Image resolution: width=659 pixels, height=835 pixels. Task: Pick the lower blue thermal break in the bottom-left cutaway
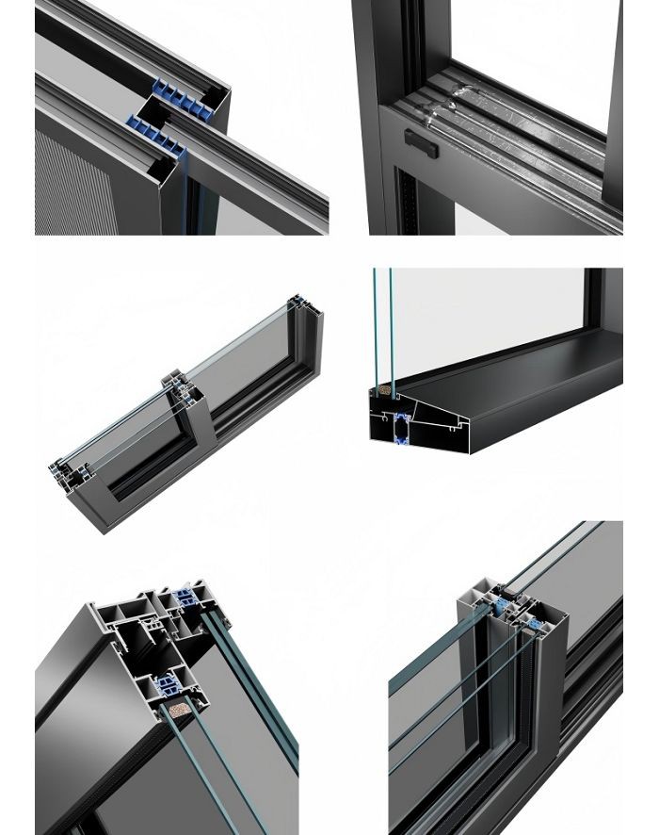169,684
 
